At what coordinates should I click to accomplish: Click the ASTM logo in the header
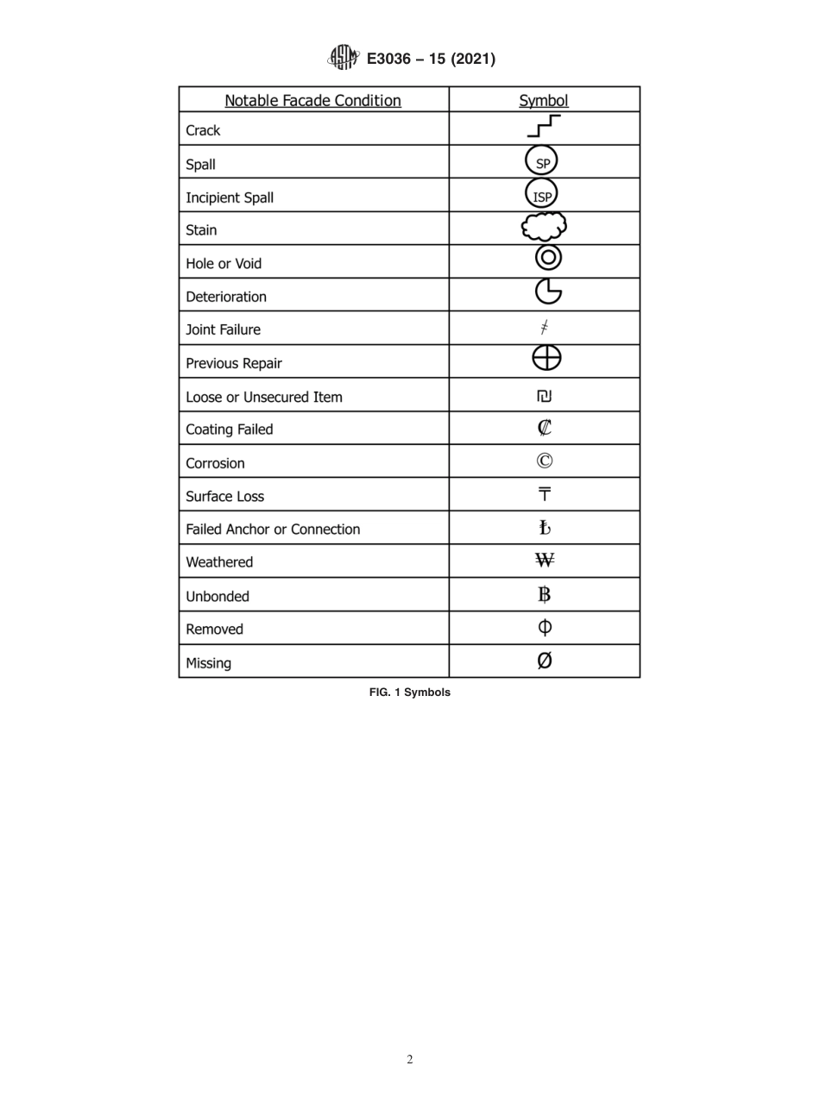(343, 58)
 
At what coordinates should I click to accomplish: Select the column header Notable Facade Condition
(312, 101)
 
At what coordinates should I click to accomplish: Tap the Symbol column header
(544, 101)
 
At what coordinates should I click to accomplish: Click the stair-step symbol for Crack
(544, 128)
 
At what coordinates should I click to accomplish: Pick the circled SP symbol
(542, 162)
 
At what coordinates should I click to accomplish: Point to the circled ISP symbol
(542, 195)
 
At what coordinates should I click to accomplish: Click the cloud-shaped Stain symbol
(544, 228)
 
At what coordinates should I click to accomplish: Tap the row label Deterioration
(226, 297)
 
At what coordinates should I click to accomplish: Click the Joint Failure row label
(223, 329)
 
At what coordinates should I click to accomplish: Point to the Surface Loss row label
(224, 497)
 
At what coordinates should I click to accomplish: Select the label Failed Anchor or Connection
(273, 530)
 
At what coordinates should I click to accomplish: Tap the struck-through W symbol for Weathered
(544, 561)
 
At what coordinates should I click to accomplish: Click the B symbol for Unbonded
(544, 594)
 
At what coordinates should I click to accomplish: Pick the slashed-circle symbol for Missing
(544, 661)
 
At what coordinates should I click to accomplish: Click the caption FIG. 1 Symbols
(409, 693)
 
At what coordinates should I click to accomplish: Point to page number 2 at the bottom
(410, 1060)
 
